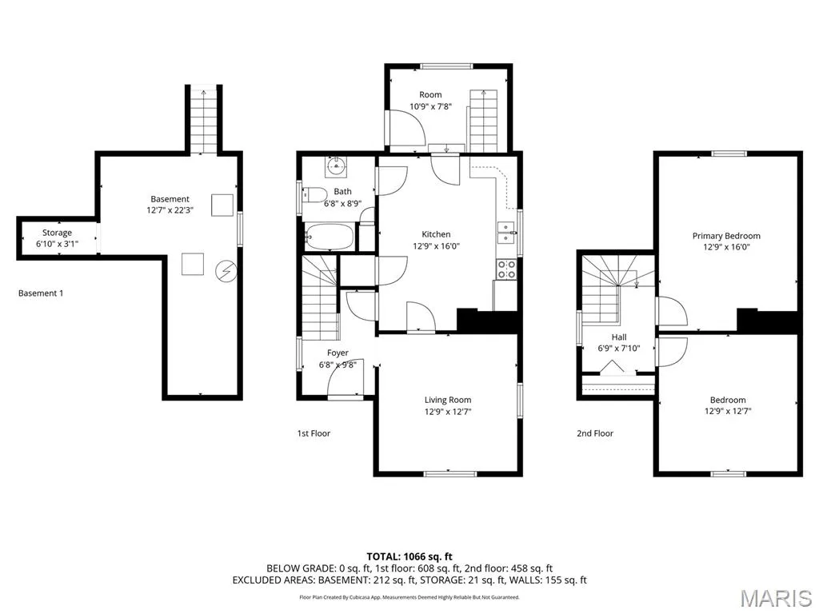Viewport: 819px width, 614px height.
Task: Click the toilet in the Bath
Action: (314, 195)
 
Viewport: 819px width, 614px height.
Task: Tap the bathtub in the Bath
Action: (329, 237)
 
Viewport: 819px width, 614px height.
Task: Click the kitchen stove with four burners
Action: (506, 269)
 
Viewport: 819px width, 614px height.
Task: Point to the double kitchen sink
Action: (506, 233)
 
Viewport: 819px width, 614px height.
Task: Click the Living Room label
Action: (448, 400)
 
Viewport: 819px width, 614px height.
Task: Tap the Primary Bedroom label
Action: (726, 236)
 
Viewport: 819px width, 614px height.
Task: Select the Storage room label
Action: (57, 233)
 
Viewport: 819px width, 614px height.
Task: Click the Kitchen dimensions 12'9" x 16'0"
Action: (436, 246)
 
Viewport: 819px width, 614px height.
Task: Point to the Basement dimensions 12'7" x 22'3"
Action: (170, 210)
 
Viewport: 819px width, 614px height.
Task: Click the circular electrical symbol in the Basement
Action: (226, 272)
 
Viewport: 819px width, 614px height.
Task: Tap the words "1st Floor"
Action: (314, 433)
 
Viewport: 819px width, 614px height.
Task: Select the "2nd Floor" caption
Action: (595, 433)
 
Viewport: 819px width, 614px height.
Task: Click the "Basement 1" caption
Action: (41, 293)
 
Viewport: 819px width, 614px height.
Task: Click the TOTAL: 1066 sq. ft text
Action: (409, 556)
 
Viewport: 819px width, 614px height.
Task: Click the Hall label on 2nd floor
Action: (619, 337)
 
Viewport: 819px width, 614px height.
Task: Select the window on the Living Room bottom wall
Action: (450, 474)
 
